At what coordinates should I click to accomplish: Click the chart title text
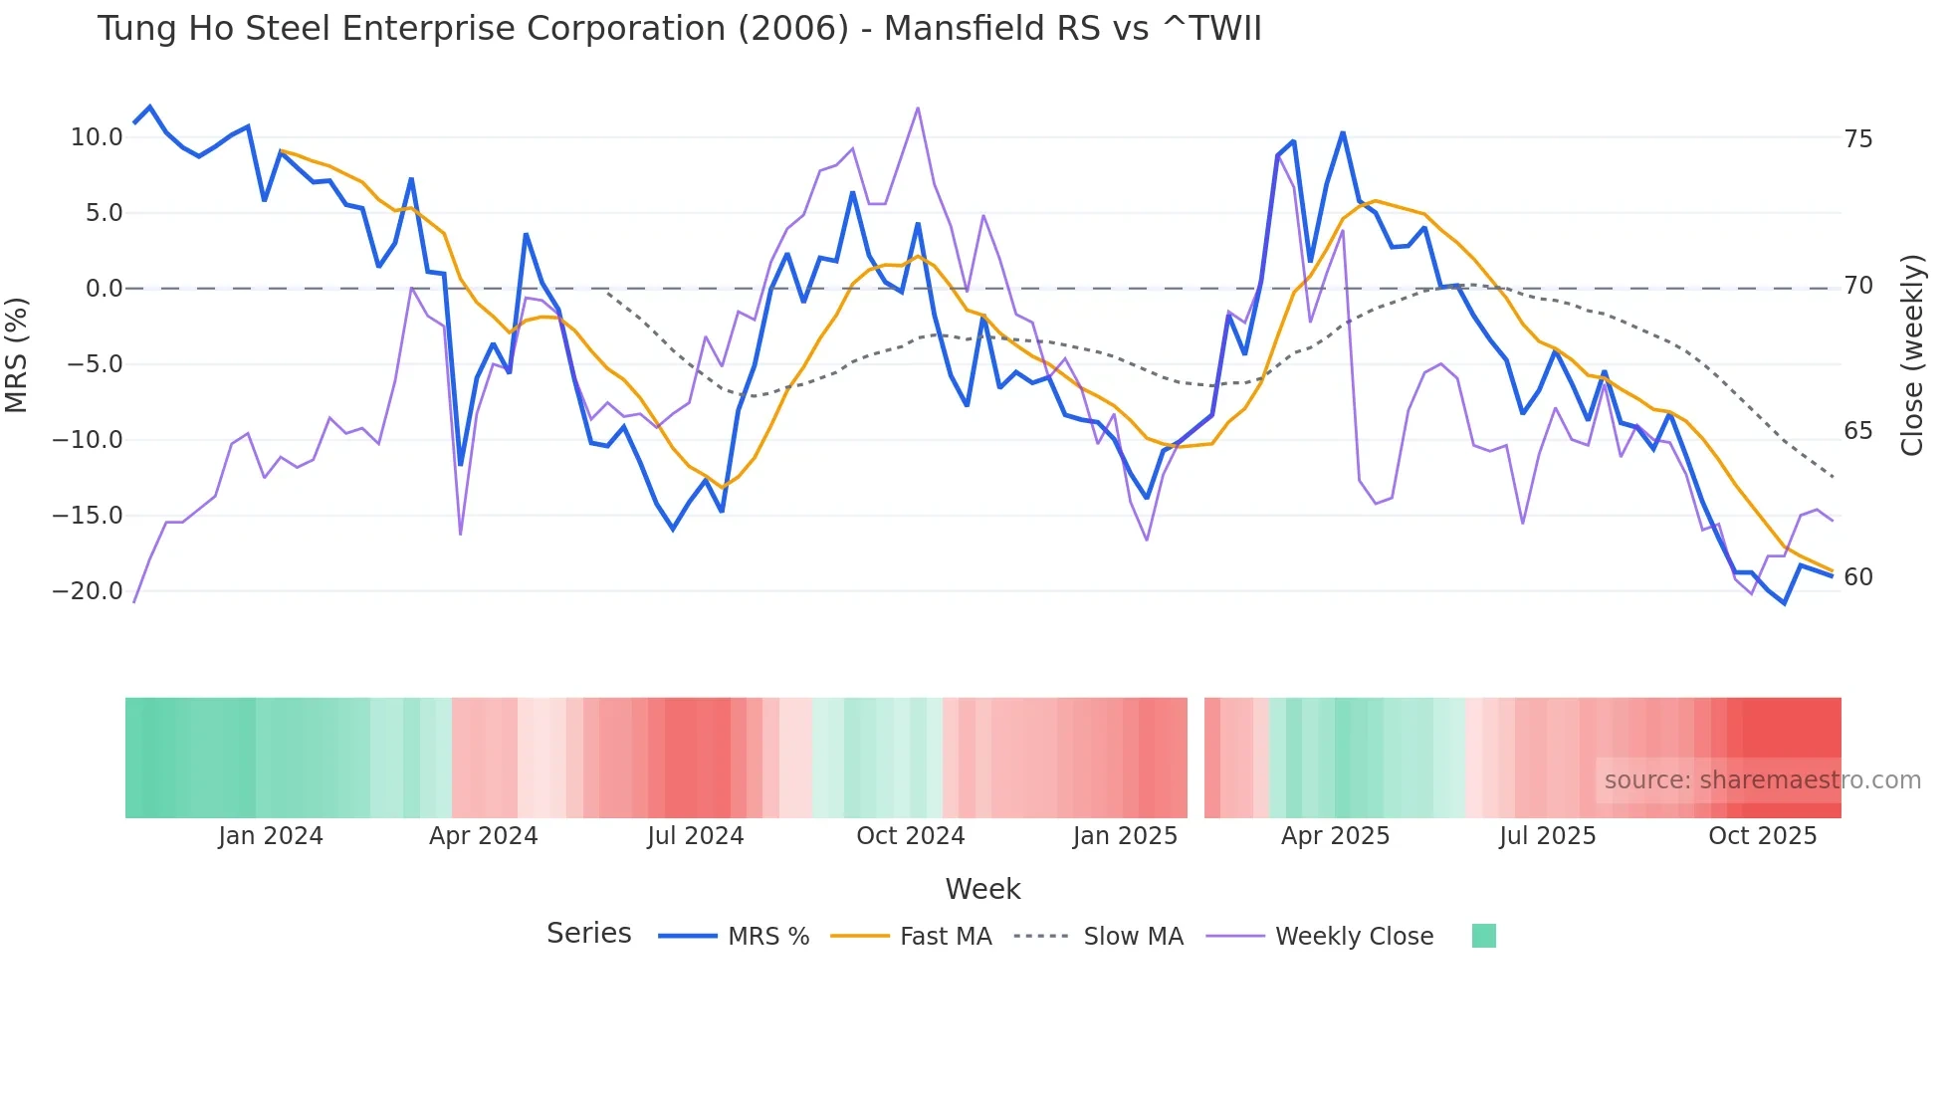pos(679,29)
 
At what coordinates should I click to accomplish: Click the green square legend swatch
pos(1483,936)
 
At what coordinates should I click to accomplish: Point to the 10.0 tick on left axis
pos(97,137)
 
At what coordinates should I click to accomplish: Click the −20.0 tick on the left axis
pos(88,591)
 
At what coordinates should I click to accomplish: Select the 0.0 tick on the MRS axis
pos(104,289)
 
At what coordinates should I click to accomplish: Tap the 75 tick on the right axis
pos(1858,139)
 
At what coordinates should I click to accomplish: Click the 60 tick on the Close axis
pos(1858,577)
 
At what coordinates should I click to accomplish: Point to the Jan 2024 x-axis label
pos(271,836)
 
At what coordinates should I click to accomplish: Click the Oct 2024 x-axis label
pos(910,836)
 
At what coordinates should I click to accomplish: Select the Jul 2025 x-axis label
pos(1547,836)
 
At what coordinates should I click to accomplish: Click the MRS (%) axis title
pos(17,354)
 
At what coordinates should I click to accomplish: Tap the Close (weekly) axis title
pos(1912,355)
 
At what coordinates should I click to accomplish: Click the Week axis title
pos(982,889)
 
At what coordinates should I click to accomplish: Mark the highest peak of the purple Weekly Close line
pos(917,108)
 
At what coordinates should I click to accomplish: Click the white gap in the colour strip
pos(1195,758)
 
